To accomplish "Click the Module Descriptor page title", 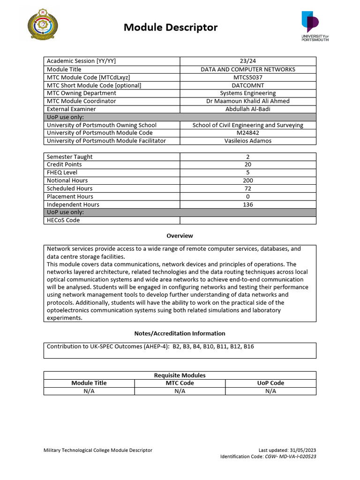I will coord(171,28).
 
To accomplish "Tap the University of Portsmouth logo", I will coord(315,26).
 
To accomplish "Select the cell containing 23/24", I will coord(247,61).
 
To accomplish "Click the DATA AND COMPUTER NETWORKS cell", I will coord(247,69).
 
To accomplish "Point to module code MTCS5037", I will coord(247,77).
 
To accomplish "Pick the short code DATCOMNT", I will coord(247,85).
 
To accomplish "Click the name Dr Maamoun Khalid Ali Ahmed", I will coord(247,101).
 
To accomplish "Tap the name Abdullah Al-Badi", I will coord(247,109).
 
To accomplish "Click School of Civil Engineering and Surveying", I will coord(247,125).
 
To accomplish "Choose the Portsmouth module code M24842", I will coord(247,133).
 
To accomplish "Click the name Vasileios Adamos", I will coord(247,141).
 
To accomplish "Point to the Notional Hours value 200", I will coord(247,180).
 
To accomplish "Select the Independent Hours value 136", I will coord(247,204).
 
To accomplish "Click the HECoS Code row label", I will coord(63,220).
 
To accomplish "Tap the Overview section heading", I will coord(180,236).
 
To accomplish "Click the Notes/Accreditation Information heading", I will coord(180,333).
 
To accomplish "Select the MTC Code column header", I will coord(180,383).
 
